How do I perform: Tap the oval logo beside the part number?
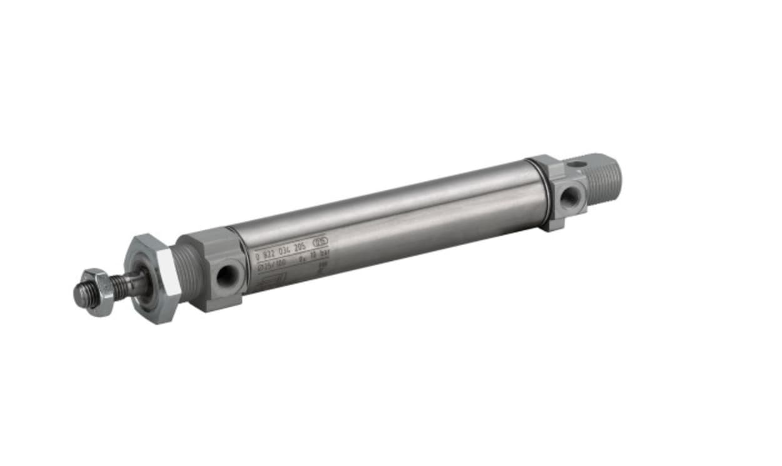tap(321, 240)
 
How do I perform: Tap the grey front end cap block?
tap(213, 269)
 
